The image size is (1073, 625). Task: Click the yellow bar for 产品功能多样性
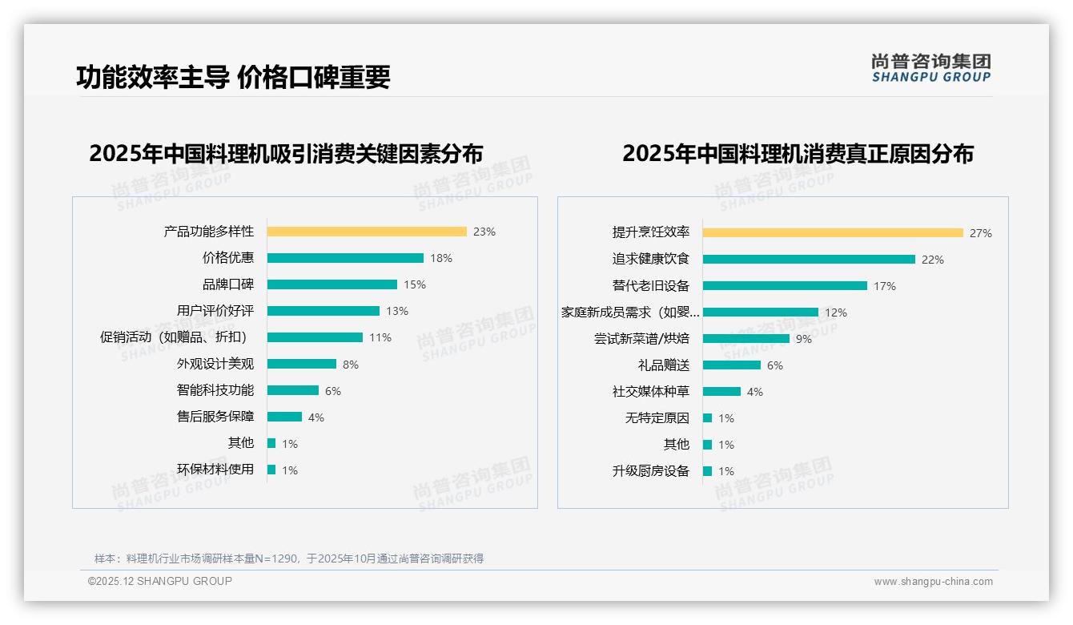click(x=367, y=232)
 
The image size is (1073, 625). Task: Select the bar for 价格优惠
click(x=345, y=258)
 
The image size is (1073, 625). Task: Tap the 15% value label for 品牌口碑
click(x=415, y=284)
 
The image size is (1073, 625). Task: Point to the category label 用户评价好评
click(x=215, y=311)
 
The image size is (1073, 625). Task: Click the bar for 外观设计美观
click(x=302, y=364)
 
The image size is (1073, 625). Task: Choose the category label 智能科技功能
click(x=215, y=390)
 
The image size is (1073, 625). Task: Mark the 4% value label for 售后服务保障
click(x=316, y=417)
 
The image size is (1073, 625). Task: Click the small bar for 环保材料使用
click(x=271, y=470)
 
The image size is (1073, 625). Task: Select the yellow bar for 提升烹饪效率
click(x=833, y=233)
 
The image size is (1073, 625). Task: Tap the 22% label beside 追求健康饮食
click(x=933, y=260)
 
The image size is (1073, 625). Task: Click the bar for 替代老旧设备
click(x=785, y=286)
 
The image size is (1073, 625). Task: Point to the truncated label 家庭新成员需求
click(x=630, y=312)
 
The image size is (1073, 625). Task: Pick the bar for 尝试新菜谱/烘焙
click(x=746, y=339)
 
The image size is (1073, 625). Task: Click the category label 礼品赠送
click(x=664, y=365)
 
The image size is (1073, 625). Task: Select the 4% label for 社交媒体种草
click(x=755, y=392)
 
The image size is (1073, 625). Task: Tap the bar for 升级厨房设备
click(x=708, y=471)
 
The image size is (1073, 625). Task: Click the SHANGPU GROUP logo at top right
click(x=931, y=68)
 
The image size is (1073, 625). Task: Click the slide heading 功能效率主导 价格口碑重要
click(x=233, y=77)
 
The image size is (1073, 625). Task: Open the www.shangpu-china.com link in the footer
click(x=933, y=582)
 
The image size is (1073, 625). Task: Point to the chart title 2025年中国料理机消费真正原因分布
click(x=798, y=154)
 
